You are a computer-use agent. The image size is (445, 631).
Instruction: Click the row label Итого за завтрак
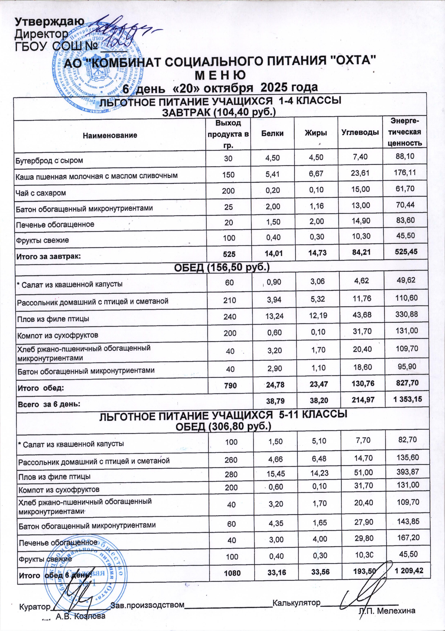(x=48, y=257)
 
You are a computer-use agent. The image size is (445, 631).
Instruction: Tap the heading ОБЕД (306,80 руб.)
(x=223, y=426)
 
